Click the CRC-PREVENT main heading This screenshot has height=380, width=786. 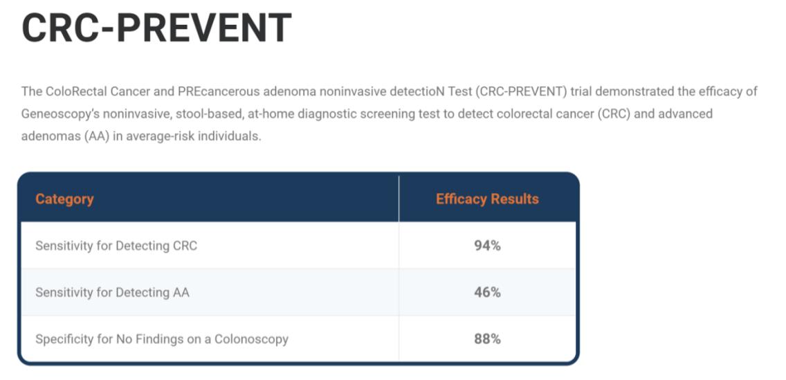point(156,28)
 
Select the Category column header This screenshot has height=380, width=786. point(64,199)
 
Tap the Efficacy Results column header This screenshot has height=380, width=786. point(487,199)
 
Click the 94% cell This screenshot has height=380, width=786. point(487,246)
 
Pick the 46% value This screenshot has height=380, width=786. point(487,292)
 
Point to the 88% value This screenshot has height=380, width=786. point(487,339)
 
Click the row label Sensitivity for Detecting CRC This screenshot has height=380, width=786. point(116,246)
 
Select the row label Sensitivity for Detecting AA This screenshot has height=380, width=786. point(112,293)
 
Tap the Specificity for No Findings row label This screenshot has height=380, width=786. point(162,339)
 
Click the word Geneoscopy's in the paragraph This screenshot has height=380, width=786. point(55,114)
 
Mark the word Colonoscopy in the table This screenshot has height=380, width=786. point(252,339)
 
